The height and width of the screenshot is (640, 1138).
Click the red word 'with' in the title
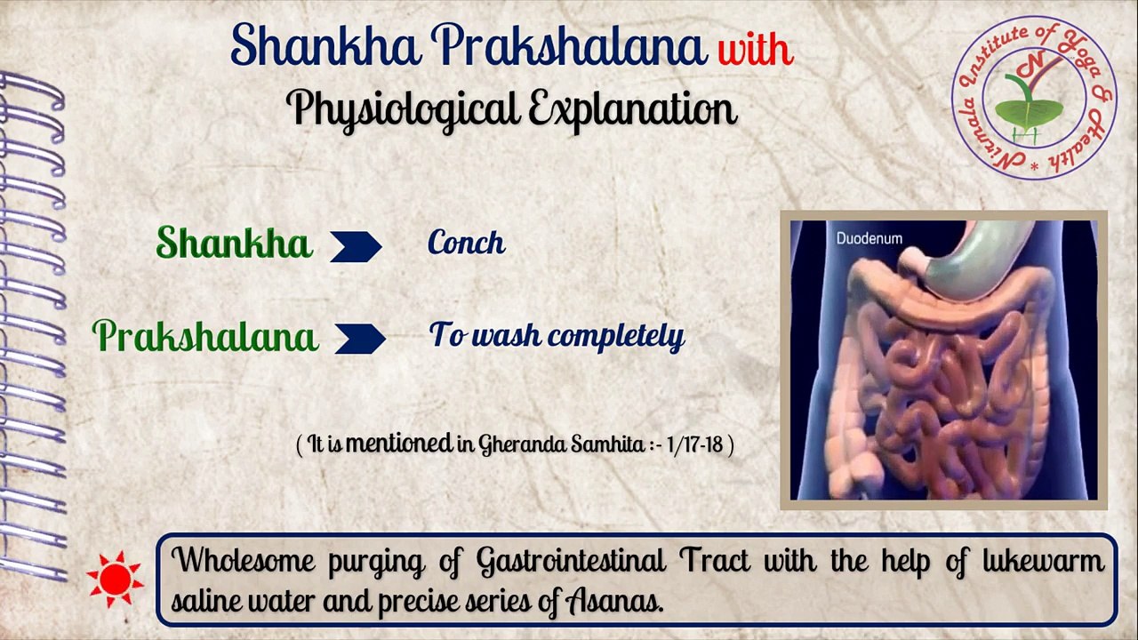[755, 48]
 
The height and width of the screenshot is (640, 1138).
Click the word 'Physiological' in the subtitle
[401, 109]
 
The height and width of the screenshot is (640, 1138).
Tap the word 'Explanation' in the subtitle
[632, 109]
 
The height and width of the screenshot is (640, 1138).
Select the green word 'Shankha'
[234, 243]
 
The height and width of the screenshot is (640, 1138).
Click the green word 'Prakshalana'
[205, 337]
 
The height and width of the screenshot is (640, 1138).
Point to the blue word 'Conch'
[466, 243]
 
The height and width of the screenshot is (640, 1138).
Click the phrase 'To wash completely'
[557, 335]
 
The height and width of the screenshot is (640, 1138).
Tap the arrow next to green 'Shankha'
[356, 246]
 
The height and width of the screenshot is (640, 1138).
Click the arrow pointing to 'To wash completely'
[360, 339]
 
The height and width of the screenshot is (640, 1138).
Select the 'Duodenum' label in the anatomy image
[869, 238]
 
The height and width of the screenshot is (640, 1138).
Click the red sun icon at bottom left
[116, 579]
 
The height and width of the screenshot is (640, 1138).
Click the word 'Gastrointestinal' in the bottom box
[571, 561]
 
